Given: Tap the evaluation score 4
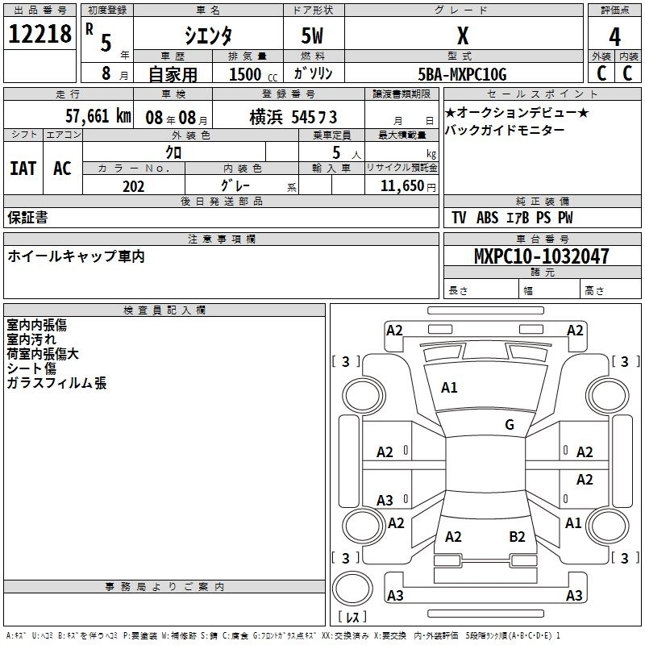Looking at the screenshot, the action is (615, 37).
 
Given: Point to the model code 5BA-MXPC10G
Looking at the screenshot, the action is (462, 74).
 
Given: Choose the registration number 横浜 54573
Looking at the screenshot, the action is (293, 117).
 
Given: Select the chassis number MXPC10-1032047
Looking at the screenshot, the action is (541, 256).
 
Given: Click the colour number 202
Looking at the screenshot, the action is (133, 186).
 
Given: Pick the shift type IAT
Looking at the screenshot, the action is (23, 168).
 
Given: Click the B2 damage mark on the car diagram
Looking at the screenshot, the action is (517, 536).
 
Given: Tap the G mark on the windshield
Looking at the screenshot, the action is (509, 425).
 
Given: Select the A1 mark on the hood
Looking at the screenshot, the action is (449, 388).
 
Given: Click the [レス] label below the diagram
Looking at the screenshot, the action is (352, 618).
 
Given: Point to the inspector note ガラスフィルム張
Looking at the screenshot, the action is (56, 384).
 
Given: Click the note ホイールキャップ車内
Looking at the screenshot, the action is (76, 256).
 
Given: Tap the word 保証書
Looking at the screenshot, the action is (27, 217).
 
